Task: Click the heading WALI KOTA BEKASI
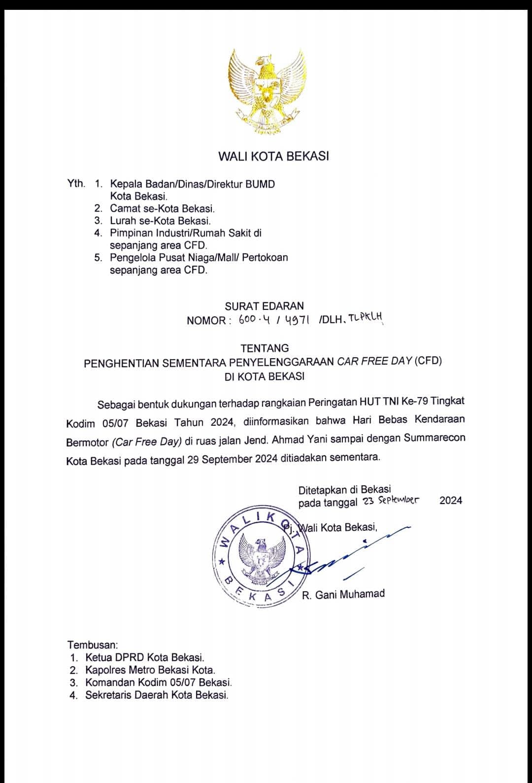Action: (x=273, y=157)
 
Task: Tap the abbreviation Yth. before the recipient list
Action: (x=76, y=184)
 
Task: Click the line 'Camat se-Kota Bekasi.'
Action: (x=162, y=209)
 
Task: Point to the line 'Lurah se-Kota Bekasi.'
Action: (x=160, y=221)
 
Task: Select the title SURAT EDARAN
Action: (x=265, y=306)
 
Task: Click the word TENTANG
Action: (x=265, y=348)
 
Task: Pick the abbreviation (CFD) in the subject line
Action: (x=428, y=361)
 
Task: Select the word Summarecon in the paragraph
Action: (x=434, y=438)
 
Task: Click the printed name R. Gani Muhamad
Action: (x=343, y=594)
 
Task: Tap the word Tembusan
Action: (x=93, y=645)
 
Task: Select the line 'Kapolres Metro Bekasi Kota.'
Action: (x=150, y=670)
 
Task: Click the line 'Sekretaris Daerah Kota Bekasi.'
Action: (x=157, y=695)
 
